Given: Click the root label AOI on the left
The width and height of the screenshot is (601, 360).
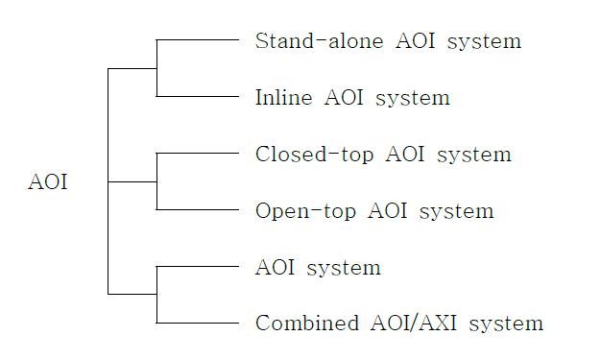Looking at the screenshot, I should (48, 182).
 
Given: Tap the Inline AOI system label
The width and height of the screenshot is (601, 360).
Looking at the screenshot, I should (352, 98).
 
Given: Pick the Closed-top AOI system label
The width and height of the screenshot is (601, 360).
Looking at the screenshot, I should (383, 155).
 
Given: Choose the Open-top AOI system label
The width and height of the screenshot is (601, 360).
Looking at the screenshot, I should (374, 211).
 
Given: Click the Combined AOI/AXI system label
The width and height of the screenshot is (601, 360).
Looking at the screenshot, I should (398, 324).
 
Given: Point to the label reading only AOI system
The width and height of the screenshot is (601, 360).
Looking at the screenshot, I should (318, 268).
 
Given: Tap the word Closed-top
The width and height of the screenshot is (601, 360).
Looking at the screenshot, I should (304, 155).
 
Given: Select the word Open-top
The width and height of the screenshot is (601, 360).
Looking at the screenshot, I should (295, 211).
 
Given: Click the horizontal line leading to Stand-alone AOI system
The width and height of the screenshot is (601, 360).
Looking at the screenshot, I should (197, 40).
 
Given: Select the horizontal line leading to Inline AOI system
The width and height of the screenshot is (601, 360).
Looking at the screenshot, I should (197, 96).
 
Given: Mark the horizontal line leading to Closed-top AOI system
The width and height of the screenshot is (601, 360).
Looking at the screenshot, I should (197, 153).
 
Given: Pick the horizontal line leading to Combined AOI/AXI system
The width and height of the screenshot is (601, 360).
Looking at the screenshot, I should (197, 322).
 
